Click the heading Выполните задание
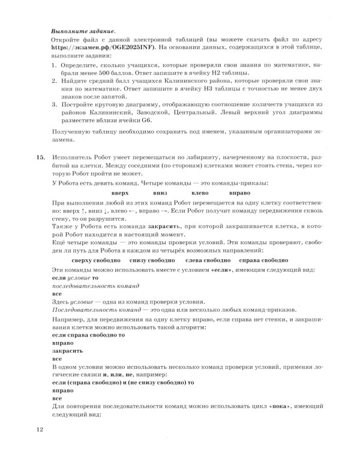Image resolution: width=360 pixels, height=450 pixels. (83, 30)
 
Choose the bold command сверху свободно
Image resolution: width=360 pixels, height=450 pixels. (95, 262)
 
